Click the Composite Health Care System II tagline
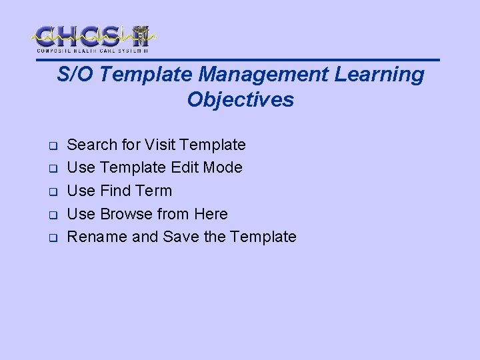(93, 51)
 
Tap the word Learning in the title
(379, 75)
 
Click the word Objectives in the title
(240, 99)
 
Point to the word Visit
(161, 145)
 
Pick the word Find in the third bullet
(115, 191)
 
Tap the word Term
(153, 191)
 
